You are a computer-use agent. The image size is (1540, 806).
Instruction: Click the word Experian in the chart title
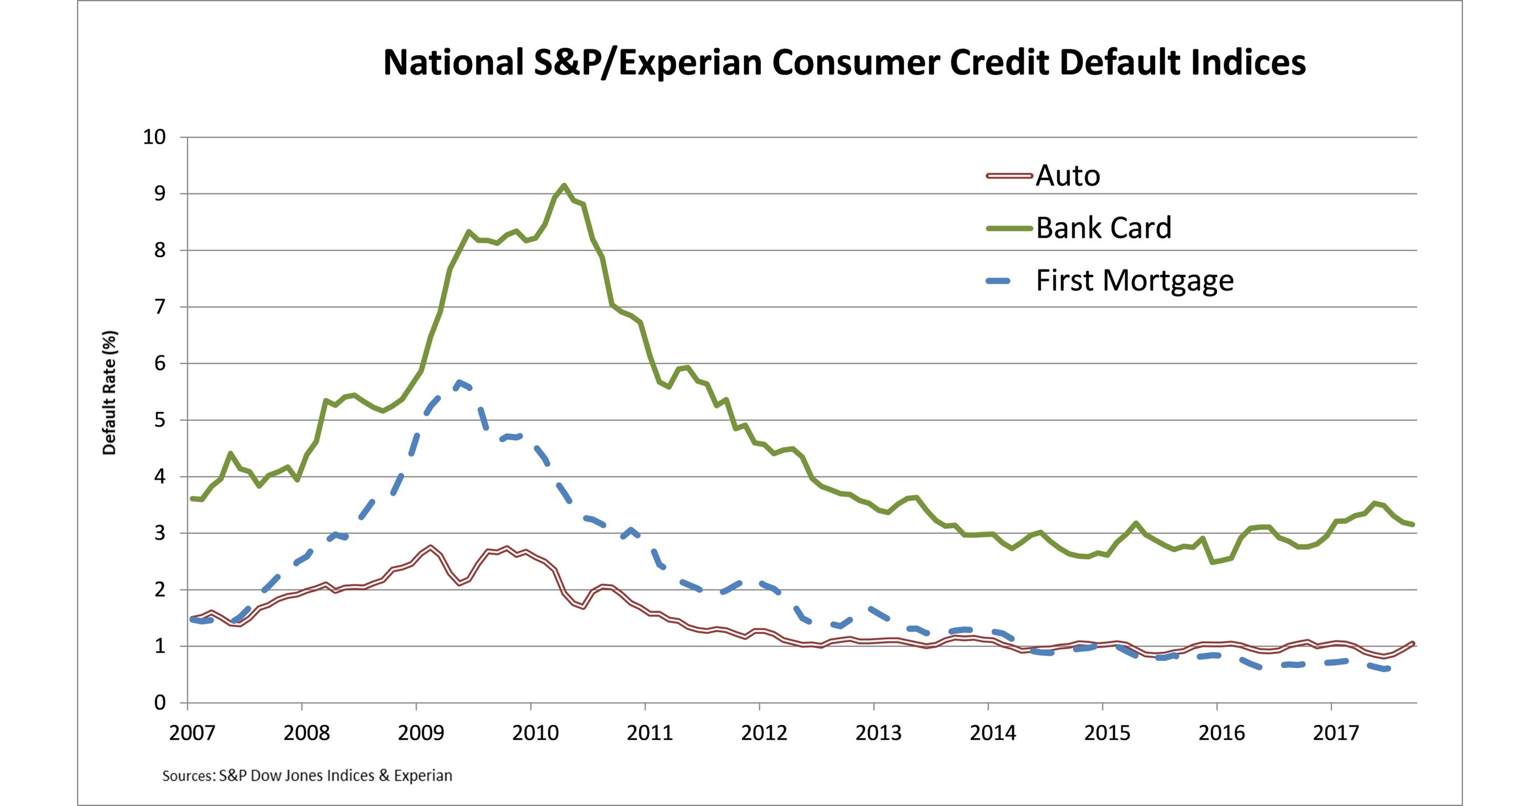coord(690,63)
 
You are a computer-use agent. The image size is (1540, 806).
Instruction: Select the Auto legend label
coord(1068,176)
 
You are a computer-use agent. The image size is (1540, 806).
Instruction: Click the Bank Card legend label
coord(1103,227)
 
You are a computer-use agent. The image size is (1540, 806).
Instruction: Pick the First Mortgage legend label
coord(1134,280)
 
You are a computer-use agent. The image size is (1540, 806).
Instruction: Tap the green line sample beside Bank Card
coord(1009,228)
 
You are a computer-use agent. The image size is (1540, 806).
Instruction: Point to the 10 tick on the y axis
coord(153,137)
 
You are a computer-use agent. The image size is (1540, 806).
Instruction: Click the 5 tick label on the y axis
coord(160,420)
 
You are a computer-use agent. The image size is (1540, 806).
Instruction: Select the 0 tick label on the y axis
coord(160,703)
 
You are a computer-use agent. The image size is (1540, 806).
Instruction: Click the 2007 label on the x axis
coord(191,732)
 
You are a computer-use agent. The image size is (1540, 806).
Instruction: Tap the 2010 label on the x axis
coord(535,732)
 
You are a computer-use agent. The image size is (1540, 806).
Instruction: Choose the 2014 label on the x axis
coord(992,732)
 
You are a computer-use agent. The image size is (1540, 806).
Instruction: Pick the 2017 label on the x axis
coord(1336,732)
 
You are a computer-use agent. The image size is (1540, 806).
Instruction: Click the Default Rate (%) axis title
coord(110,393)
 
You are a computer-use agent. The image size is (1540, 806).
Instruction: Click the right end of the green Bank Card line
coord(1413,524)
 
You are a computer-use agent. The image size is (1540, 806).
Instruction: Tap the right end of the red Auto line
coord(1413,644)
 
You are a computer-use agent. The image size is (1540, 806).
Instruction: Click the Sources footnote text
coord(307,776)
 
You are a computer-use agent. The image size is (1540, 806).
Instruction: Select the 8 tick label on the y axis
coord(160,250)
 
